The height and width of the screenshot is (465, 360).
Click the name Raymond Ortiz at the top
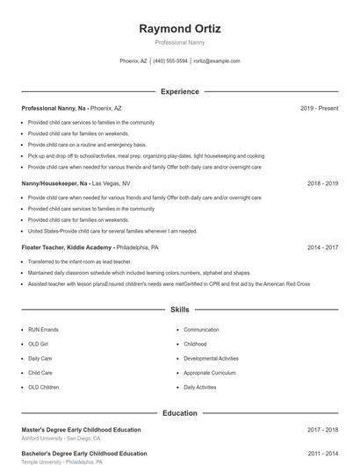(x=179, y=29)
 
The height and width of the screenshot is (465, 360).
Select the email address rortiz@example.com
(x=216, y=61)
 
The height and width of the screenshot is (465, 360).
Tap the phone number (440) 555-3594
(x=170, y=61)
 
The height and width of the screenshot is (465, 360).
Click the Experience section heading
(x=179, y=91)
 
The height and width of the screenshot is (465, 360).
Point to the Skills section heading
(x=179, y=310)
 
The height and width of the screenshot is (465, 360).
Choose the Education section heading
(x=179, y=412)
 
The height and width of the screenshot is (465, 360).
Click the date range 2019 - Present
(x=319, y=108)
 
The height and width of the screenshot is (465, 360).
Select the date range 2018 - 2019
(x=322, y=184)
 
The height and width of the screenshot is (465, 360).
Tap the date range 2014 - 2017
(x=322, y=247)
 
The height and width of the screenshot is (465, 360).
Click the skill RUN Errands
(x=43, y=330)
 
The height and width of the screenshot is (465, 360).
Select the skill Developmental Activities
(x=211, y=358)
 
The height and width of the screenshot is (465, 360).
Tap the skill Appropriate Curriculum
(x=209, y=372)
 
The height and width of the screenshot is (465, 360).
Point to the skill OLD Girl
(x=40, y=344)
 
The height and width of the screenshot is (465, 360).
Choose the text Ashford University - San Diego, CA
(x=61, y=439)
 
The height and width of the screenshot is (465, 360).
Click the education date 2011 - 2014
(x=322, y=454)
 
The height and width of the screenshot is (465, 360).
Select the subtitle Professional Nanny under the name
(x=179, y=42)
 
